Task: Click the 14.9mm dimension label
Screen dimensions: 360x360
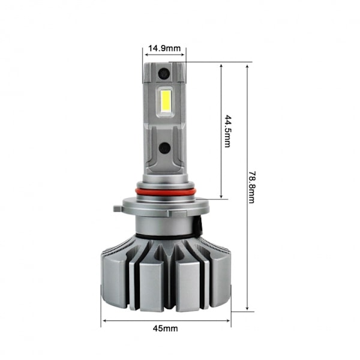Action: tap(164, 49)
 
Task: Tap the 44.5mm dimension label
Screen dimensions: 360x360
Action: tap(228, 131)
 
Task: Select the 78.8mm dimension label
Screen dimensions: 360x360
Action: tap(252, 187)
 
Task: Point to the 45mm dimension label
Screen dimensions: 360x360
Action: tap(166, 329)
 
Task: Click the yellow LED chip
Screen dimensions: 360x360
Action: tap(166, 100)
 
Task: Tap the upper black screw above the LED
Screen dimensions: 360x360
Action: tap(164, 74)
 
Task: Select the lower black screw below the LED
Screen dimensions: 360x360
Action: tap(164, 148)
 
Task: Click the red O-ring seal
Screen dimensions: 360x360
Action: tap(166, 192)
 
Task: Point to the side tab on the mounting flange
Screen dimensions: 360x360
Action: tap(118, 209)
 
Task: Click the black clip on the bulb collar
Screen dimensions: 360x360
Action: tap(198, 226)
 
